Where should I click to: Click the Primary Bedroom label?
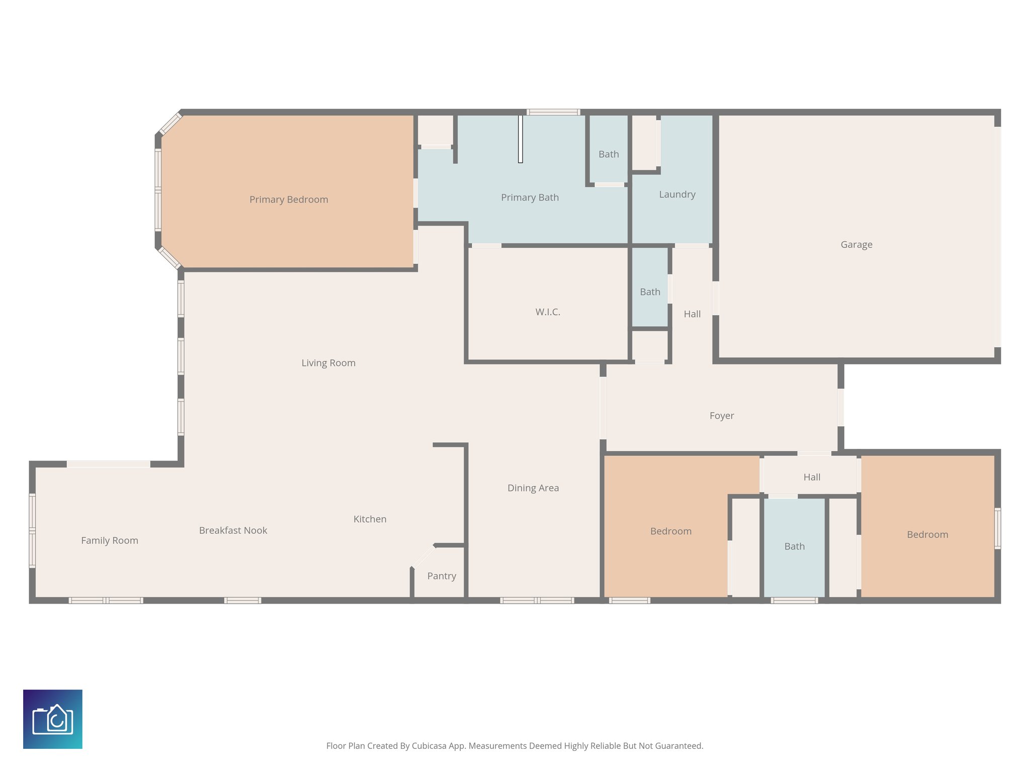pos(289,200)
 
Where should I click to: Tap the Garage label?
pos(856,245)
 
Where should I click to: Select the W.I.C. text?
pos(548,312)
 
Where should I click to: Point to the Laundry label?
pos(677,195)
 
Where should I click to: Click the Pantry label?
pos(442,576)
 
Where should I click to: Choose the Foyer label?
pos(722,416)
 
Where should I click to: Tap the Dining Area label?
pos(533,488)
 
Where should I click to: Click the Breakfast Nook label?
pos(233,530)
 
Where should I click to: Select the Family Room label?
pos(110,540)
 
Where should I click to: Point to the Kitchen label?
pos(370,519)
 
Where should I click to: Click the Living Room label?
pos(328,363)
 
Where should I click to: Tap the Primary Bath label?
pos(530,198)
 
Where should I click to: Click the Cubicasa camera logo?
pos(53,719)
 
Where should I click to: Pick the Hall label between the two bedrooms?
pos(812,477)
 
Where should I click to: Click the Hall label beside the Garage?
pos(692,314)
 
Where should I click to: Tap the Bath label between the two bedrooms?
pos(794,546)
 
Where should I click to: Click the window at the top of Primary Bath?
pos(553,112)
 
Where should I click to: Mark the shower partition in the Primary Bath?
pos(521,139)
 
